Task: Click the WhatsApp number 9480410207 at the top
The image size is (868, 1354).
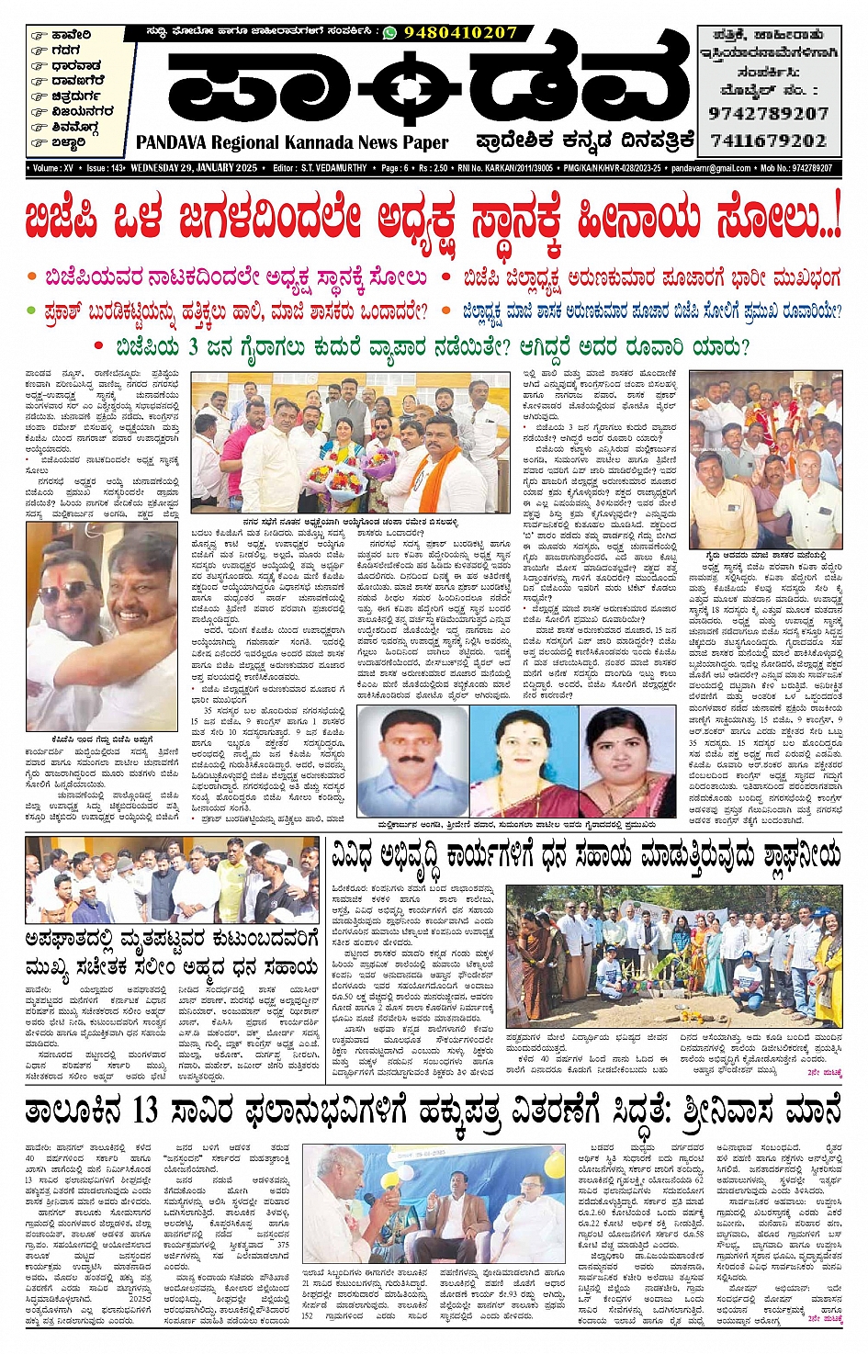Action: point(461,32)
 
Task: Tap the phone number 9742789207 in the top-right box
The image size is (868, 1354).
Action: point(768,114)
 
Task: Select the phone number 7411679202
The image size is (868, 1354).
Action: point(768,141)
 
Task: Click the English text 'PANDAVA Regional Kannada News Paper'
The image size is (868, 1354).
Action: point(292,142)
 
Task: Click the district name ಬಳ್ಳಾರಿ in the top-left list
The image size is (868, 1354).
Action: point(69,142)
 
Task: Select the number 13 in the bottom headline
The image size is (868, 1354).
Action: point(144,1111)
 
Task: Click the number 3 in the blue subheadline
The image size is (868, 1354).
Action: point(194,347)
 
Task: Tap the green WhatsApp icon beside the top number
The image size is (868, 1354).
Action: point(389,32)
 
